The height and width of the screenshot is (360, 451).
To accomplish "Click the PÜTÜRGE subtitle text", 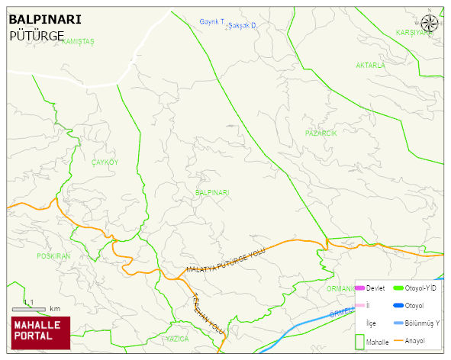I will point(37,35).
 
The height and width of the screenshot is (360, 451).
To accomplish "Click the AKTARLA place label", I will point(371,66).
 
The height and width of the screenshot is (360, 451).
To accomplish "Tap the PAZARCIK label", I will point(321,133).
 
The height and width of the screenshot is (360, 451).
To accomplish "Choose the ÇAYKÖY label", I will point(105,162).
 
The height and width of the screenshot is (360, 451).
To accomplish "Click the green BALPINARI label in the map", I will point(212,193).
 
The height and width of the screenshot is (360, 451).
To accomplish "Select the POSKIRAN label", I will point(53,256).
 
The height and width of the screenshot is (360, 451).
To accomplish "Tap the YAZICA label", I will point(177,338).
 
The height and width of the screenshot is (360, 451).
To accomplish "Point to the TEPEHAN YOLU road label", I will point(208,313).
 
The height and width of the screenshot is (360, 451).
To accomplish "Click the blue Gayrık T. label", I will point(211,22).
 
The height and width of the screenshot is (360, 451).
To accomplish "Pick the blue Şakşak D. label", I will point(242,26).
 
